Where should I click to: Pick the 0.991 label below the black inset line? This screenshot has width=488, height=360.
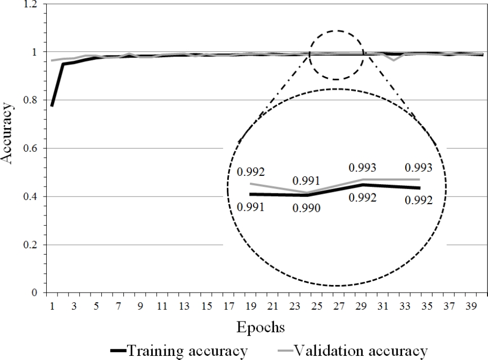(250, 207)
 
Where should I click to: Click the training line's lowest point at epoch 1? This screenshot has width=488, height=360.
(52, 106)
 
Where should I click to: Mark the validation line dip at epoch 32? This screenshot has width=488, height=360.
(393, 60)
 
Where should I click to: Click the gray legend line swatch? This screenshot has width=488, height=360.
(285, 352)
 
